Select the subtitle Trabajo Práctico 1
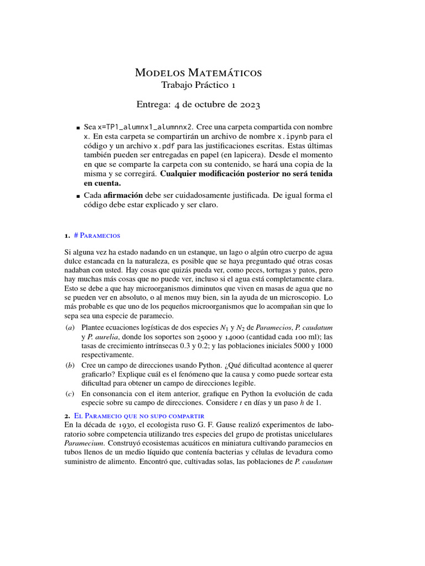tap(199, 85)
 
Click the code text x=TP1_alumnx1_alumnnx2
tap(146, 125)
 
